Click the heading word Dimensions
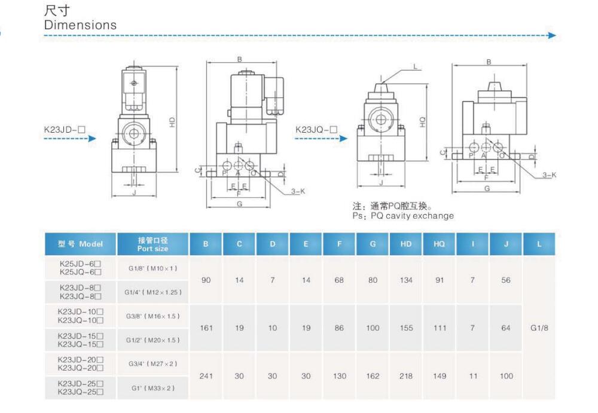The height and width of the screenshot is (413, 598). (x=80, y=25)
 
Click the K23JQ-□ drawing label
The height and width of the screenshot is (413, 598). (x=316, y=129)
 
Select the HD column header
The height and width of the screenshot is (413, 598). (x=405, y=244)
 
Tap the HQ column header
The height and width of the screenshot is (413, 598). (x=439, y=244)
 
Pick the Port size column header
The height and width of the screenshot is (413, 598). (x=152, y=244)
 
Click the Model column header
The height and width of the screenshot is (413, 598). (x=80, y=244)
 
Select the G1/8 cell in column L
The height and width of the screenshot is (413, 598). (x=539, y=328)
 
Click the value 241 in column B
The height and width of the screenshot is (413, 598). (x=206, y=376)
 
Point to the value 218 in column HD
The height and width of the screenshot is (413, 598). (x=405, y=376)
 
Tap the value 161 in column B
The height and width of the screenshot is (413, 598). (x=206, y=328)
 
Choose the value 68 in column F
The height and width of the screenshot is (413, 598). (x=339, y=280)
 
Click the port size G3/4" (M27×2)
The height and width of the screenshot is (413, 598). (x=152, y=364)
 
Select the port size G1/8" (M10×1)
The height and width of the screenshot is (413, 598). (x=152, y=268)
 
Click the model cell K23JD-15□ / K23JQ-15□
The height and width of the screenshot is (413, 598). (x=80, y=340)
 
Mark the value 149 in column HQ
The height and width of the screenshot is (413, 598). (x=439, y=376)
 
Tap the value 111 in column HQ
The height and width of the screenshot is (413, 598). (x=439, y=328)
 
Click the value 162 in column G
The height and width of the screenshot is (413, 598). (x=373, y=376)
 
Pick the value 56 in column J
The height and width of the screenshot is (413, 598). (x=506, y=280)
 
